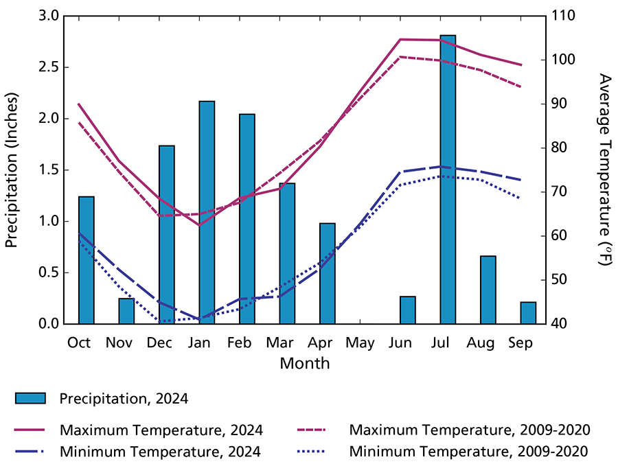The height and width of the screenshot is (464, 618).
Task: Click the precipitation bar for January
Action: [x=207, y=212]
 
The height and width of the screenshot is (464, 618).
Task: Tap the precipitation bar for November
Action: [x=126, y=311]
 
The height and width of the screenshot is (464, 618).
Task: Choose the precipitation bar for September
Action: [x=528, y=313]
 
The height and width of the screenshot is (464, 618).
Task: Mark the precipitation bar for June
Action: [x=408, y=310]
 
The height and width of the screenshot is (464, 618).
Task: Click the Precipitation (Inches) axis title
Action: [x=12, y=170]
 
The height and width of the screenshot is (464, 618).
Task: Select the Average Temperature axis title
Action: [x=604, y=170]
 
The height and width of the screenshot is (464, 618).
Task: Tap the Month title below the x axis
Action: [x=304, y=363]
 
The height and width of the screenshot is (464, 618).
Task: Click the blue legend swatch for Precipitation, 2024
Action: [x=30, y=398]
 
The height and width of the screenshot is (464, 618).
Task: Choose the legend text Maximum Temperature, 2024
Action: [x=161, y=430]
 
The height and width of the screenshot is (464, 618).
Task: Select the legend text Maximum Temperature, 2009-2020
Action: [x=470, y=430]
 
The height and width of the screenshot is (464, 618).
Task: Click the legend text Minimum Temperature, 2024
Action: [x=160, y=452]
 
